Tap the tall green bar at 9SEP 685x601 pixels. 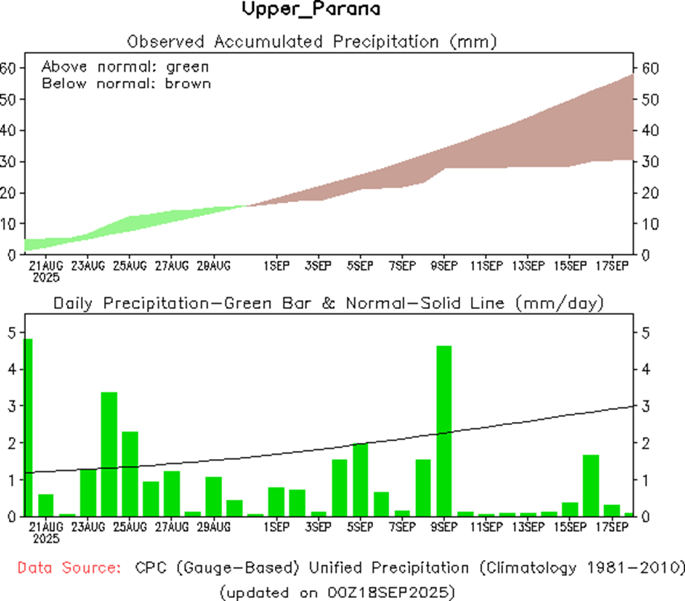(444, 431)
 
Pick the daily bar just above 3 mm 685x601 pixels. (109, 453)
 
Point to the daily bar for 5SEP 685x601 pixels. (360, 479)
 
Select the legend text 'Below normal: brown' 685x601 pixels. (126, 83)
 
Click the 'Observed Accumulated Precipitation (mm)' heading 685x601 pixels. (311, 40)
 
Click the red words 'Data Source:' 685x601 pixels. (69, 568)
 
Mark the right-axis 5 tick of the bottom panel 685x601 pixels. (643, 333)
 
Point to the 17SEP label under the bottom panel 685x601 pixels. (613, 527)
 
